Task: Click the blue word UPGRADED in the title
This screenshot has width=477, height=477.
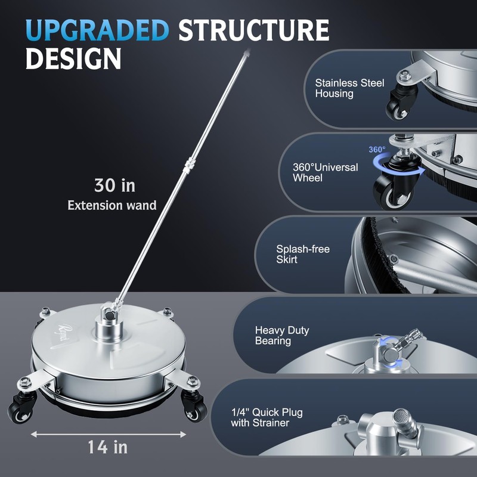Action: click(97, 30)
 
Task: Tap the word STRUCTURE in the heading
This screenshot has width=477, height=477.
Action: click(254, 30)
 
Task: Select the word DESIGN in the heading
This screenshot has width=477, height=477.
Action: click(73, 58)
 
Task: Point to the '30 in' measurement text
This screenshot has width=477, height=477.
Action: click(114, 185)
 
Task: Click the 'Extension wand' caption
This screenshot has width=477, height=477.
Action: click(112, 205)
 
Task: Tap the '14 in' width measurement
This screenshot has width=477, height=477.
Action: click(107, 447)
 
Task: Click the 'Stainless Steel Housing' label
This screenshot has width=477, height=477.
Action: click(349, 88)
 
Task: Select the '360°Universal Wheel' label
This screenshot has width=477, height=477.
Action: click(325, 172)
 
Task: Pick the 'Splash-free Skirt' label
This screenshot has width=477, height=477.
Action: click(303, 254)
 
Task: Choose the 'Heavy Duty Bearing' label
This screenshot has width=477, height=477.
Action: click(282, 335)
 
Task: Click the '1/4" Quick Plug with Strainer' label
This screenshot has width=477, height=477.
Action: click(267, 417)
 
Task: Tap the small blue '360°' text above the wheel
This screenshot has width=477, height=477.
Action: click(377, 150)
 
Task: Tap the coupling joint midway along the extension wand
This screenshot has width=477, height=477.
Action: click(188, 166)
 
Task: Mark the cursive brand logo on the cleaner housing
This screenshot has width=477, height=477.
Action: click(60, 333)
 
